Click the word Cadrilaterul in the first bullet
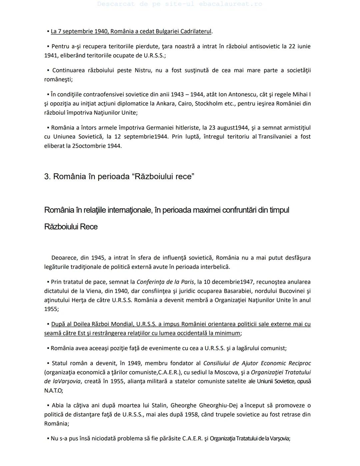click(196, 31)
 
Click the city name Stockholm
click(209, 103)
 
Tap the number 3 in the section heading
click(47, 176)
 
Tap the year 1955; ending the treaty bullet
click(51, 309)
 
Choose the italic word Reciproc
click(299, 363)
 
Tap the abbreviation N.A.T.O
click(53, 390)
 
